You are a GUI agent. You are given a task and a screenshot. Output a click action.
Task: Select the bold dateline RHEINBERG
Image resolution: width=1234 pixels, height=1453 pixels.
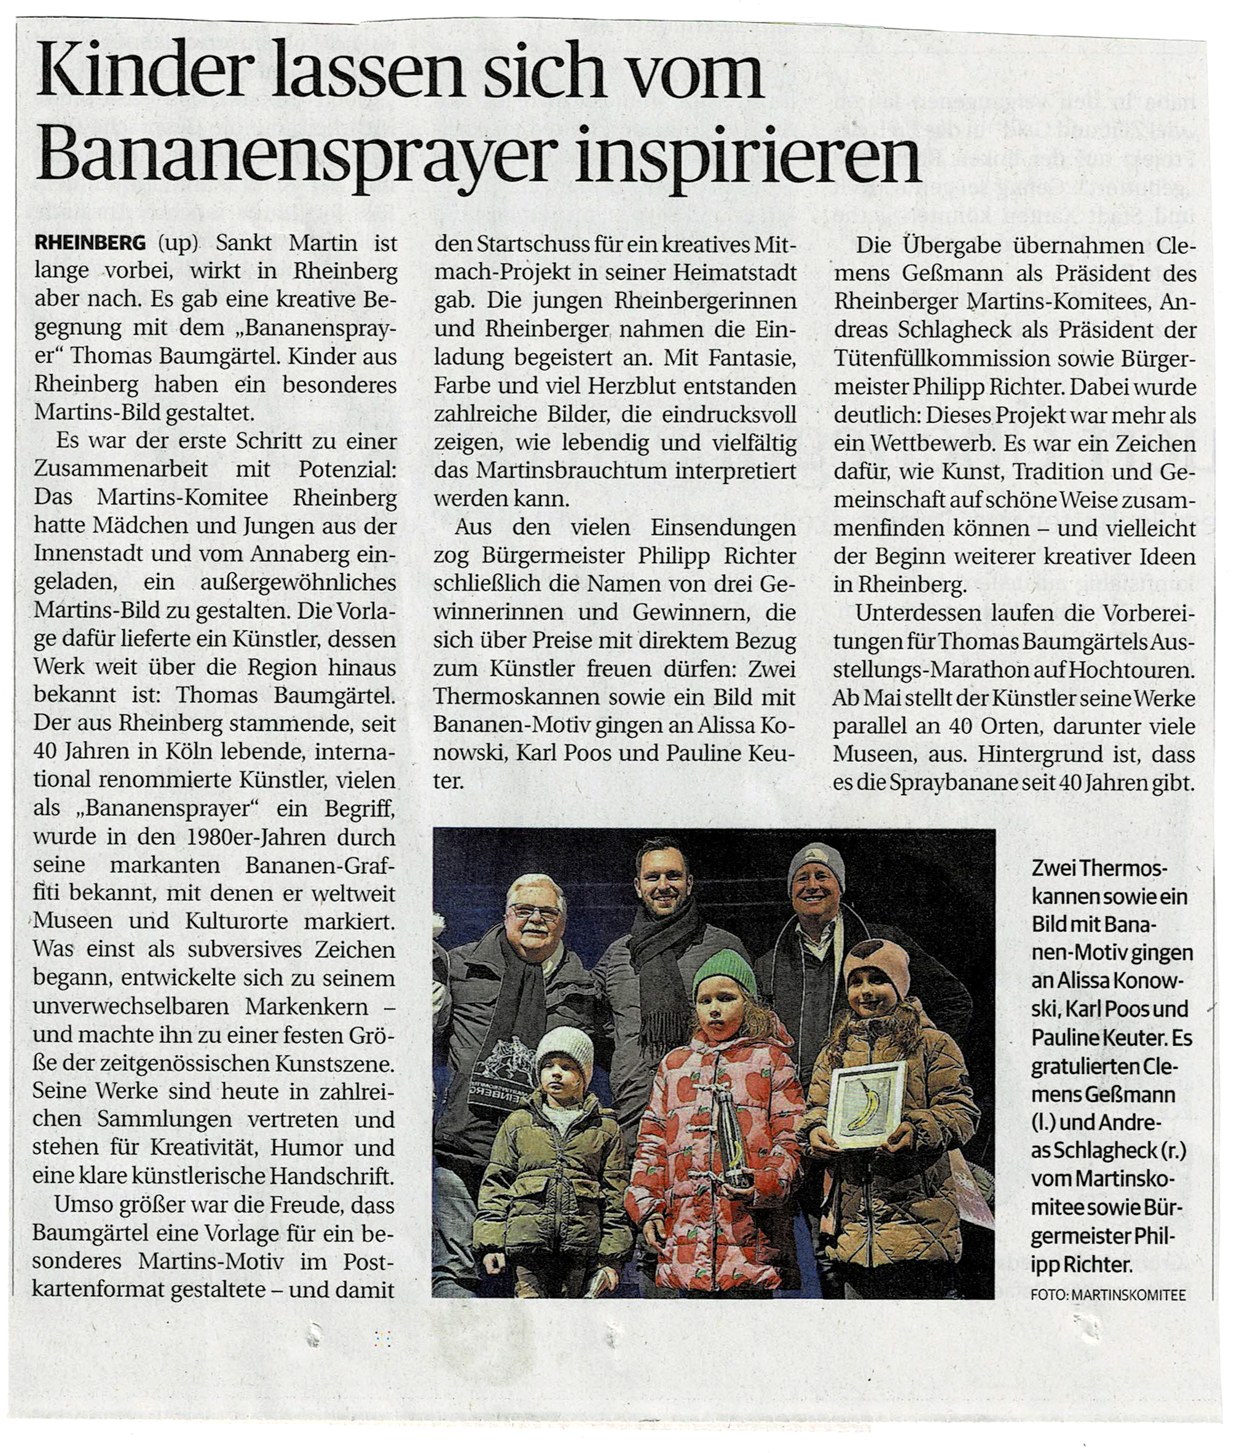point(90,243)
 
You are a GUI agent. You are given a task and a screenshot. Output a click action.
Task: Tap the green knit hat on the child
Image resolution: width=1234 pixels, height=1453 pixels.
point(725,972)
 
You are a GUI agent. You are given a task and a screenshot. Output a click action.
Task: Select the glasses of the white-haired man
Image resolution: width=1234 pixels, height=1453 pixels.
point(535,911)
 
